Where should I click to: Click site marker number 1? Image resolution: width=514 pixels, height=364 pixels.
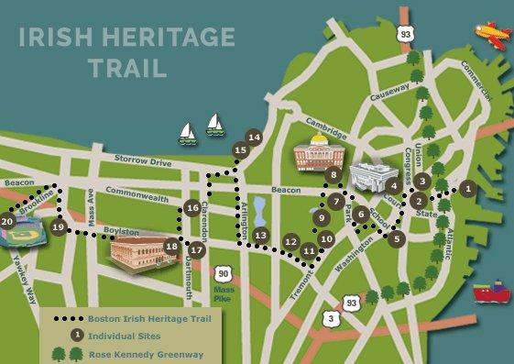pos(467,188)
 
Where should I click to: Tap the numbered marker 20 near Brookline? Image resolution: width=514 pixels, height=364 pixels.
pos(7,221)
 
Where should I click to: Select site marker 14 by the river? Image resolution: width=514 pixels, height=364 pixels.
pos(254,138)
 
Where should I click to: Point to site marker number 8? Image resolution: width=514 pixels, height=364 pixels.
pos(334,174)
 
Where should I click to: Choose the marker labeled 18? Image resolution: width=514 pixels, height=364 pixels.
pos(171,246)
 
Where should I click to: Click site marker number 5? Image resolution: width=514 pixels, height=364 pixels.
pos(397,238)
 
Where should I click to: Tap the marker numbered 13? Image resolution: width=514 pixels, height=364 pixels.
pos(261,236)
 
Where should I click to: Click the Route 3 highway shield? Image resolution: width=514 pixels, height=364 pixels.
pos(330,318)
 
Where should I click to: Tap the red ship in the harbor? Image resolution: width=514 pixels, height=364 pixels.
pos(489,292)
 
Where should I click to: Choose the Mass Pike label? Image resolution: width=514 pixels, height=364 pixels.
pos(224,293)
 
